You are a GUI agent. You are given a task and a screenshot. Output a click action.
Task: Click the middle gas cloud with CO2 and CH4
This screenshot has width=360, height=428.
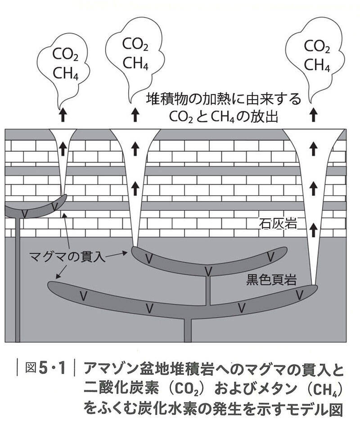[135, 54]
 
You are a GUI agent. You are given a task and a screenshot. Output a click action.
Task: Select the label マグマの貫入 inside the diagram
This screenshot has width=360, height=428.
[67, 258]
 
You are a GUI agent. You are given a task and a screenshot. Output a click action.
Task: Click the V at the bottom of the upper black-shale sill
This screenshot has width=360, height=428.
[208, 271]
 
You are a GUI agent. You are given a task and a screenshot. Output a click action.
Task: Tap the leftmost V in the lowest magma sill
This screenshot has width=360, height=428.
[82, 296]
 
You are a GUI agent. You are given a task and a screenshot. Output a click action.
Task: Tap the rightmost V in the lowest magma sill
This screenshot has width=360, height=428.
[299, 294]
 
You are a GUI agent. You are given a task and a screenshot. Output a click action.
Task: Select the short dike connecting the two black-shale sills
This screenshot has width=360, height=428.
[208, 291]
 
